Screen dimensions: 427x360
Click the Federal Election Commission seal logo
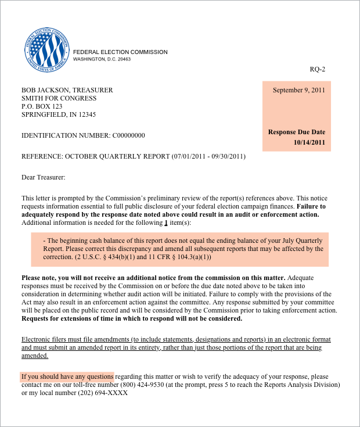click(47, 50)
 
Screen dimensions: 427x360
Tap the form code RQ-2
click(317, 70)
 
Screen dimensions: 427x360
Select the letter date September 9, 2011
click(299, 90)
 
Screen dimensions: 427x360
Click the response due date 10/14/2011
click(309, 142)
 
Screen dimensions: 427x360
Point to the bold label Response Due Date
click(297, 132)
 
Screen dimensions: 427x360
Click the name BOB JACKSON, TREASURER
click(67, 90)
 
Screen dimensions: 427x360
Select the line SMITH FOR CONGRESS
click(59, 98)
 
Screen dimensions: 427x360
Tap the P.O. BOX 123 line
click(42, 106)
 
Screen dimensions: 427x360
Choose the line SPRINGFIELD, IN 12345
click(59, 114)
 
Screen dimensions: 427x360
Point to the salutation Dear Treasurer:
click(44, 177)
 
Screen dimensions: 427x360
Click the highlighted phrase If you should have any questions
click(67, 376)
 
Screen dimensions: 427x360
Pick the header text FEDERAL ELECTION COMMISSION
click(120, 52)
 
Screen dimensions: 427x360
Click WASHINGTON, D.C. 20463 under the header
click(102, 59)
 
